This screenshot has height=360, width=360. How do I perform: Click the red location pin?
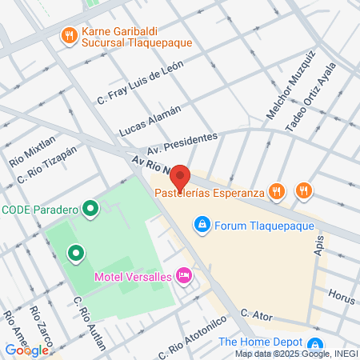180,177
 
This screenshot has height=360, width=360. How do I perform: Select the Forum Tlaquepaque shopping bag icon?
202,224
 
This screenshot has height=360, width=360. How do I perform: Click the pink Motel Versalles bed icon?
183,276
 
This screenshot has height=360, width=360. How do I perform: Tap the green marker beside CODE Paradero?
90,210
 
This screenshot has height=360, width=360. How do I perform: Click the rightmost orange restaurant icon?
303,190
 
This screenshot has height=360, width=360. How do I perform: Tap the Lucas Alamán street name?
149,120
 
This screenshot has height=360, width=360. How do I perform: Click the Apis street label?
319,245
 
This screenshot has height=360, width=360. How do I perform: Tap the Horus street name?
342,297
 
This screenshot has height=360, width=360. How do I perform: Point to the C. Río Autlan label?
89,325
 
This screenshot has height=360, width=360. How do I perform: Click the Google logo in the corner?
26,350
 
